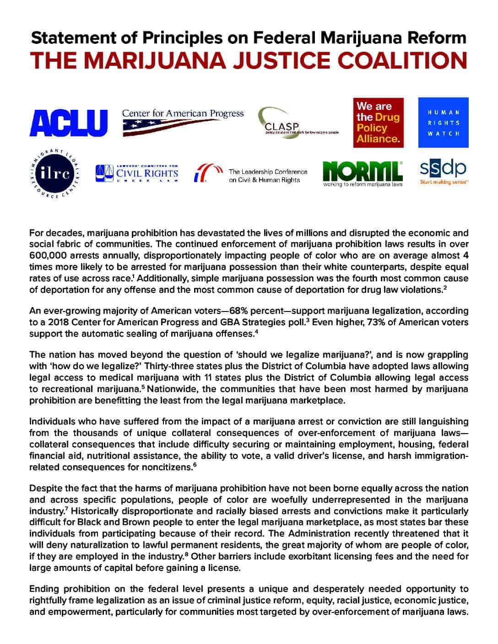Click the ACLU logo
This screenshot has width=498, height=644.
(68, 123)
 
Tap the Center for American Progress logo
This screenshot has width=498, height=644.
(183, 122)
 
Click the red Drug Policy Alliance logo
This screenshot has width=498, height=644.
(378, 123)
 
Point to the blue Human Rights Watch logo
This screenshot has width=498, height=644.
(444, 123)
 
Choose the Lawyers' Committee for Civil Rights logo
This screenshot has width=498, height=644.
(137, 173)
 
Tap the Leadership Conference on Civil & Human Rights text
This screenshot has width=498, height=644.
(268, 176)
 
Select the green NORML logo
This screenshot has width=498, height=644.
(363, 173)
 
